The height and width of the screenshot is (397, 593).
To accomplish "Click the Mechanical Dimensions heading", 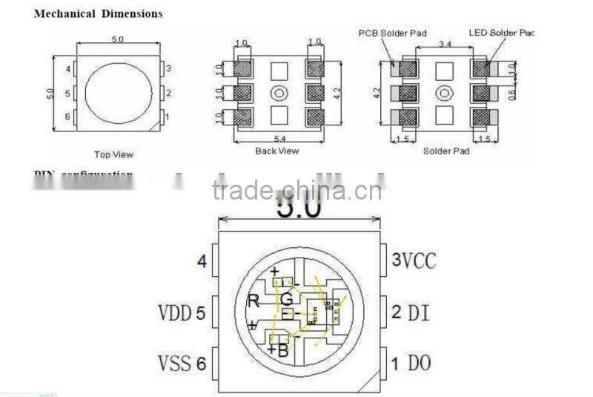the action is coord(98,13).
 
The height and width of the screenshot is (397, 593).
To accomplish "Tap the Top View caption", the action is coord(113,154).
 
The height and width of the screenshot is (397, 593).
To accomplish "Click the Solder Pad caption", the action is coord(446,151).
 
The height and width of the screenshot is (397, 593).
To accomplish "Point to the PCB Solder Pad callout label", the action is coord(392,33).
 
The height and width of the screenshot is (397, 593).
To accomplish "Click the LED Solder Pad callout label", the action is coord(501,33).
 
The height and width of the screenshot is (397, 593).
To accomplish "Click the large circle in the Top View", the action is coord(118,93).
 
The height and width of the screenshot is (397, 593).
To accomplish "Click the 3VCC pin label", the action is coord(413,260).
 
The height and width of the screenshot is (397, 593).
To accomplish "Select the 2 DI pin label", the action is coord(409,312).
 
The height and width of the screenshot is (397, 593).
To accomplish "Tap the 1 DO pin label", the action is coord(411,363).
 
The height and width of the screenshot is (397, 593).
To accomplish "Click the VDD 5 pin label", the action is coord(182,312).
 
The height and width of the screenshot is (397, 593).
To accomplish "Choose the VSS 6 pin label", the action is coord(182,363).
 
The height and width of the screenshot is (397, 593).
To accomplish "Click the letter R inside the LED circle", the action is coord(253,301).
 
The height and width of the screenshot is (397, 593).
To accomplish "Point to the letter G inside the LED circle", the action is coord(286,300).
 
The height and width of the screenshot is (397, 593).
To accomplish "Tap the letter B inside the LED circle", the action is coord(282,350).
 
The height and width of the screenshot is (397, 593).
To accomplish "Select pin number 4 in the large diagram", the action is coord(201,261).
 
